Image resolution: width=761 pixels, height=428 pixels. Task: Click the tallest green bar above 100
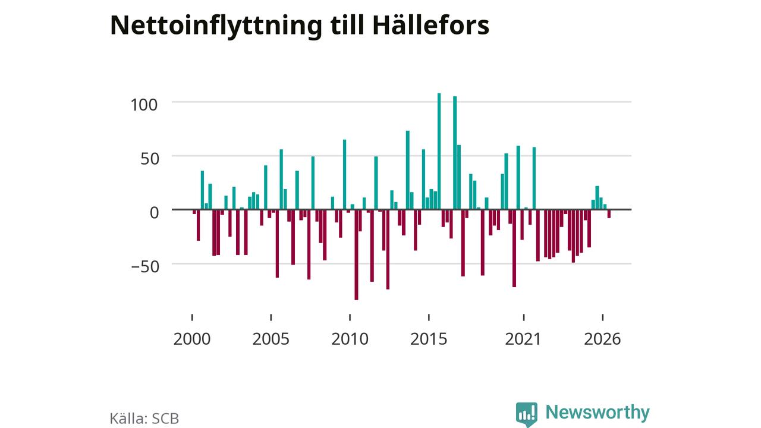tap(439, 151)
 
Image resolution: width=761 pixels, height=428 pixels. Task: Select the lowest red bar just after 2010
tap(356, 255)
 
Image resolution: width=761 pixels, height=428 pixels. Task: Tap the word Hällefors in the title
tap(431, 25)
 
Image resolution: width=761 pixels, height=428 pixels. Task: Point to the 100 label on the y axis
tap(144, 105)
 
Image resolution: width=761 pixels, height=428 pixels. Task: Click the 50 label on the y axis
tap(150, 159)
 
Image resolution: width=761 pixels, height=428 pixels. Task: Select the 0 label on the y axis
tap(154, 213)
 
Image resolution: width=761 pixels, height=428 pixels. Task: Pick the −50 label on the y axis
tap(145, 267)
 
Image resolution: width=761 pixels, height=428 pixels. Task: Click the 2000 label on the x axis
tap(192, 339)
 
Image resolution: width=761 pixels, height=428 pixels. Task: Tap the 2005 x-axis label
tap(271, 339)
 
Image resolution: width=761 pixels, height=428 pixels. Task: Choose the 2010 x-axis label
tap(350, 339)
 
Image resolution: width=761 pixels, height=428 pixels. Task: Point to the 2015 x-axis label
tap(429, 339)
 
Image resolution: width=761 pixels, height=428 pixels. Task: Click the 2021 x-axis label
tap(523, 339)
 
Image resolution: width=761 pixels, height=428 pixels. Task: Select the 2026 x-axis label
tap(602, 339)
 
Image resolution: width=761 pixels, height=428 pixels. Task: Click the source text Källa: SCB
tap(144, 418)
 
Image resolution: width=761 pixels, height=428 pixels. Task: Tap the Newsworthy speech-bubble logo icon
tap(527, 414)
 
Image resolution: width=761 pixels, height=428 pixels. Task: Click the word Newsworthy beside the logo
tap(598, 412)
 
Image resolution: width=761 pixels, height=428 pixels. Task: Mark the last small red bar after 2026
tap(609, 213)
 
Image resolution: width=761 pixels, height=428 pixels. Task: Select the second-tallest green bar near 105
tap(455, 153)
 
